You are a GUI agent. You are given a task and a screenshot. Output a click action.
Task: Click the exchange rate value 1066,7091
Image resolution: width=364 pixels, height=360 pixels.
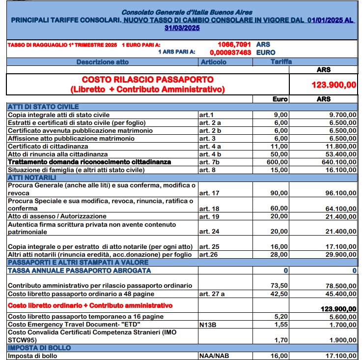234,45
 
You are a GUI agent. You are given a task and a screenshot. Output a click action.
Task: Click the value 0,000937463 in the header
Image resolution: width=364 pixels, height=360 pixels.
230,52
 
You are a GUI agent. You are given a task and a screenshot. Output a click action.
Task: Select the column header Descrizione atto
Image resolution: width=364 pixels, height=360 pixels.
102,62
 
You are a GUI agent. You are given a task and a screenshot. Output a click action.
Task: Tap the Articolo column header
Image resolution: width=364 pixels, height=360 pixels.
214,62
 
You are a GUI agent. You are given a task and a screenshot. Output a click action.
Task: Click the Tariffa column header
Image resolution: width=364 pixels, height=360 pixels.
281,62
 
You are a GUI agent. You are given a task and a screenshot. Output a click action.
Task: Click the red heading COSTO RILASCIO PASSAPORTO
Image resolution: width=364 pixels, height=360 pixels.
148,79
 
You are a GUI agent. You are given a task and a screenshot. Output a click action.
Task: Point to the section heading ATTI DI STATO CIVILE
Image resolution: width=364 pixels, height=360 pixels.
43,107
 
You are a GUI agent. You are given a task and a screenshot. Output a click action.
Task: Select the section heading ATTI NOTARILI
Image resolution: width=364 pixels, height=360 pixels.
32,178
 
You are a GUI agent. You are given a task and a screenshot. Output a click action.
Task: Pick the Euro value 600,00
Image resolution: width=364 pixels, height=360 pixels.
278,162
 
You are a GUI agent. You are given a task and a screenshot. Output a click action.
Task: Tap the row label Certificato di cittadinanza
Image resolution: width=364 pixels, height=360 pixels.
48,146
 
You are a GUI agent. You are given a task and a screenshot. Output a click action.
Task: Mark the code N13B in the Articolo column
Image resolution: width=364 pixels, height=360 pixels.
208,325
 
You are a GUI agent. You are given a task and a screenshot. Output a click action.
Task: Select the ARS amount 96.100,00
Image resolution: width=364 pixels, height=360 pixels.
340,193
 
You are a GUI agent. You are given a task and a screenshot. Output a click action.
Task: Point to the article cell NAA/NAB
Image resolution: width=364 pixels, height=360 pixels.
214,356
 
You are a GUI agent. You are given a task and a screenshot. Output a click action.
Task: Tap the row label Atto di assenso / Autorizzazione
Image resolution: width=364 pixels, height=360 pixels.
57,216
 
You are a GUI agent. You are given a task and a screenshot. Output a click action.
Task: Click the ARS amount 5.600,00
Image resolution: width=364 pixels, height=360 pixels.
342,317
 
